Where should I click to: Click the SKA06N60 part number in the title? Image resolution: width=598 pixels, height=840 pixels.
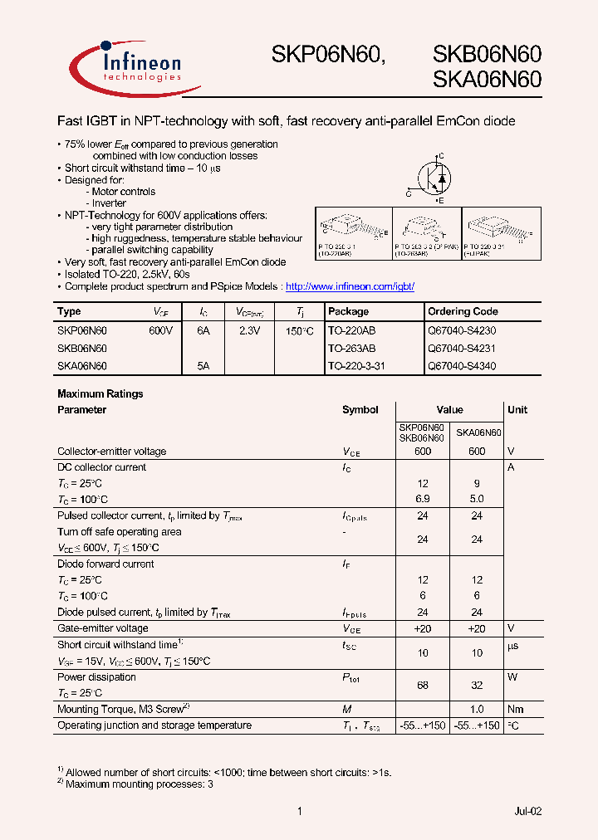[x=487, y=80]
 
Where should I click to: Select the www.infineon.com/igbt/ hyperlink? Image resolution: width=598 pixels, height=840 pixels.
[x=350, y=286]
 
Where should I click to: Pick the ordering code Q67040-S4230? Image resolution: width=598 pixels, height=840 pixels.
[x=462, y=330]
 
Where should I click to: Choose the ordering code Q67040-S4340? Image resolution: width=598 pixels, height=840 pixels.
[x=462, y=365]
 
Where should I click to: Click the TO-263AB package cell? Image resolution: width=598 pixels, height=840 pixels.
[x=351, y=348]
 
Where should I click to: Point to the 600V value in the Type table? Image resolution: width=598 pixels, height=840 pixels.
[x=160, y=330]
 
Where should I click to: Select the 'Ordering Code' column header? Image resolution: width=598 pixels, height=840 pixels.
[x=463, y=311]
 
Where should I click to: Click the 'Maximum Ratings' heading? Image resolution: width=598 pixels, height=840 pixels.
[x=100, y=393]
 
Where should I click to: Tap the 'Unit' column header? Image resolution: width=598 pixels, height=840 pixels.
[x=517, y=409]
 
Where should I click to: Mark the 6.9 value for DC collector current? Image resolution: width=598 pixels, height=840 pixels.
[x=423, y=499]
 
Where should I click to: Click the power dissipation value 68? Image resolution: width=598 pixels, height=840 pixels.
[x=423, y=684]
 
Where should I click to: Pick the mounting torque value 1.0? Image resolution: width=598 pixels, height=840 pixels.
[x=477, y=709]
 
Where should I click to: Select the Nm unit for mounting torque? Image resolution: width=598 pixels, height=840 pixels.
[x=517, y=709]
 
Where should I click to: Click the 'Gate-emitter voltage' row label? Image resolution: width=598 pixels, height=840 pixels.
[x=103, y=628]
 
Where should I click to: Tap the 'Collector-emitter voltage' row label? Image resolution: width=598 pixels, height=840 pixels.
[x=111, y=452]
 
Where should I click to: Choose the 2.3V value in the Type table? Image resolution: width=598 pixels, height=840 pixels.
[x=249, y=330]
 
